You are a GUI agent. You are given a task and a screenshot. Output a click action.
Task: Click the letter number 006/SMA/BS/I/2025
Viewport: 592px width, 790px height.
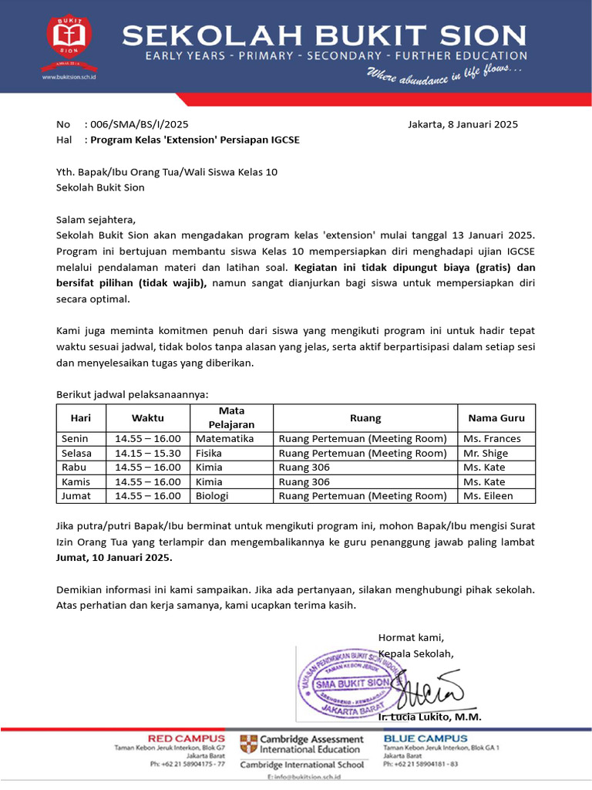click(139, 124)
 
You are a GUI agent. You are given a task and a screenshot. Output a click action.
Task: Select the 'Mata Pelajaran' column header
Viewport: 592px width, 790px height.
click(231, 417)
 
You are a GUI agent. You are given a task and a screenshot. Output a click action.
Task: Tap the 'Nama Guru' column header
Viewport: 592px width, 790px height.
click(496, 418)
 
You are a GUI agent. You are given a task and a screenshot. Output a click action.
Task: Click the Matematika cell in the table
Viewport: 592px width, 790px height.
click(224, 439)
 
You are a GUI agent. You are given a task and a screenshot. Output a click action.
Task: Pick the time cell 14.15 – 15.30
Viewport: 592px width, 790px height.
click(148, 454)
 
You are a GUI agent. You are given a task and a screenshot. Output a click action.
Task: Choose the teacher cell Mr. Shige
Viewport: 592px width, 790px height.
click(486, 454)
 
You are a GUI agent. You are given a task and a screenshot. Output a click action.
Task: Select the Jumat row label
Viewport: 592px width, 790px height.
click(76, 496)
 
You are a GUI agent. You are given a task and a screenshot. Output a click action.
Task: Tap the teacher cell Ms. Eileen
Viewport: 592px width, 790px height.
click(488, 496)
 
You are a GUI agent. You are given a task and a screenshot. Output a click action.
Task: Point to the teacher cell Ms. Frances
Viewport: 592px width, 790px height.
click(492, 439)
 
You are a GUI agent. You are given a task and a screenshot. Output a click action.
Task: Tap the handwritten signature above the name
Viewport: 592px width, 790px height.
click(429, 687)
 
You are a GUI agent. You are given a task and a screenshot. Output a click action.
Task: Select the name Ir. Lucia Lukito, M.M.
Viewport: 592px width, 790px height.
click(429, 717)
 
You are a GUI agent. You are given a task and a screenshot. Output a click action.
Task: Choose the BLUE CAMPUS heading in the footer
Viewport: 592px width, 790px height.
click(425, 738)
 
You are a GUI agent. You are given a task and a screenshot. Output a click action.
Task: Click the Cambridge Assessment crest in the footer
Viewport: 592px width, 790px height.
click(248, 744)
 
